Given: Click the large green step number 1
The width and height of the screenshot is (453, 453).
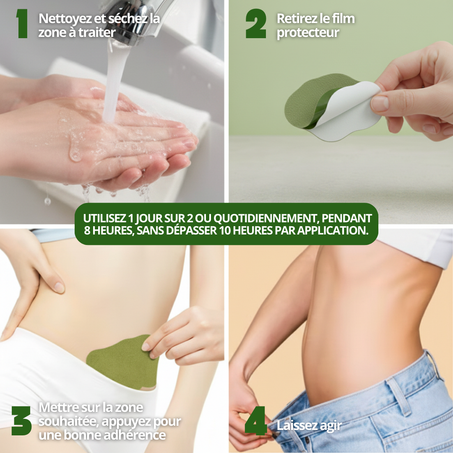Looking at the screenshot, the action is (x=22, y=23).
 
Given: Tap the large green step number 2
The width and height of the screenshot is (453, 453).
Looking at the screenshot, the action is (x=256, y=23).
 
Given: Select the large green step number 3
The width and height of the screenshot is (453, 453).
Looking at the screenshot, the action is (x=21, y=421).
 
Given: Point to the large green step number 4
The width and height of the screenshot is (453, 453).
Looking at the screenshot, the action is (x=256, y=421).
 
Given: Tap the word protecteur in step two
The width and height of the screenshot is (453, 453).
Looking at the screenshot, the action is (x=308, y=33).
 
